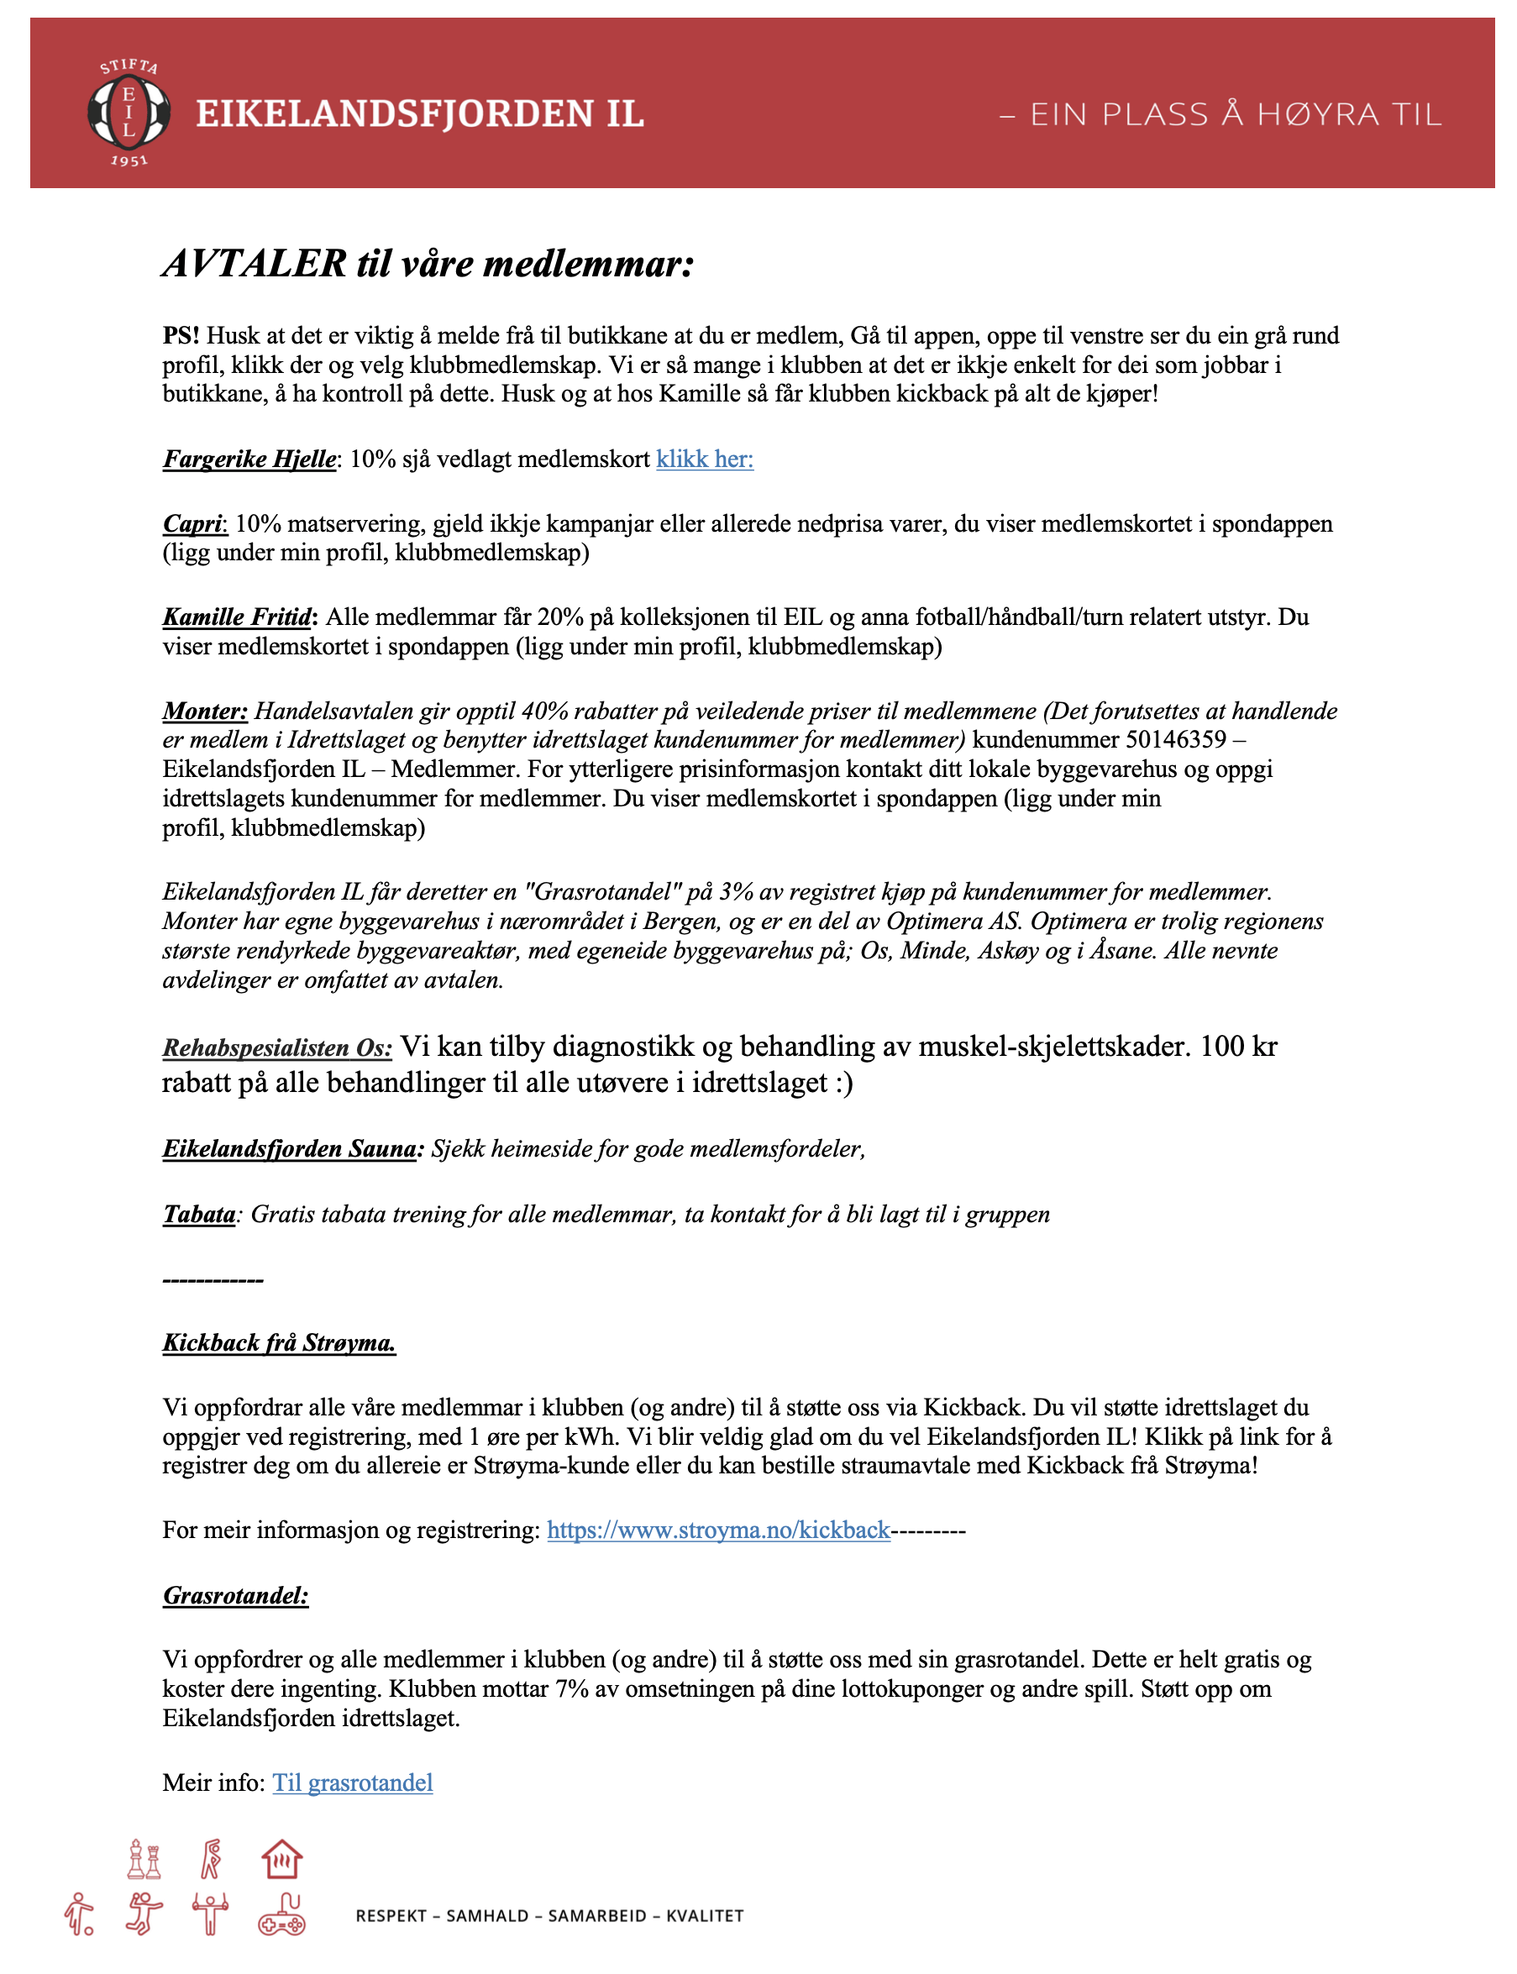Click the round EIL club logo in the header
coord(129,113)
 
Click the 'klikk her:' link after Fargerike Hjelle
coord(704,459)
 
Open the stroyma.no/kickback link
coord(718,1530)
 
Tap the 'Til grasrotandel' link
coord(352,1782)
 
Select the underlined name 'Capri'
coord(192,524)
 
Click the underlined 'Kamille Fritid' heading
coord(238,617)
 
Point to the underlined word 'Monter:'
coord(205,711)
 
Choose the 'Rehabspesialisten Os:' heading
coord(277,1047)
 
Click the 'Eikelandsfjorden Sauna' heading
coord(290,1148)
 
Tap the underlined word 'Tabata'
coord(198,1214)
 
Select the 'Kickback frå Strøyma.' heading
coord(279,1343)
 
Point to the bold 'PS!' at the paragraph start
coord(181,336)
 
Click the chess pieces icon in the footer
coord(144,1859)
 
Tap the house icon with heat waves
coord(281,1859)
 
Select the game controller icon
coord(281,1914)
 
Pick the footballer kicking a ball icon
coord(80,1914)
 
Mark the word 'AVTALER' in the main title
coord(254,264)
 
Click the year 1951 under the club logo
coord(129,160)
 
